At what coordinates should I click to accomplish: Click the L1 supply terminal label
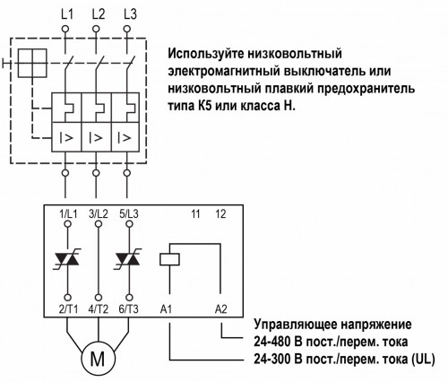click(65, 13)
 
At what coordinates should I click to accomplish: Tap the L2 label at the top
click(97, 13)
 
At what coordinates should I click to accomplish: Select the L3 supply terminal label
click(128, 13)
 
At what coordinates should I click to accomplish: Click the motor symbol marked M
click(97, 359)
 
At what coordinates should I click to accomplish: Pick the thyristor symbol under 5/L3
click(128, 259)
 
